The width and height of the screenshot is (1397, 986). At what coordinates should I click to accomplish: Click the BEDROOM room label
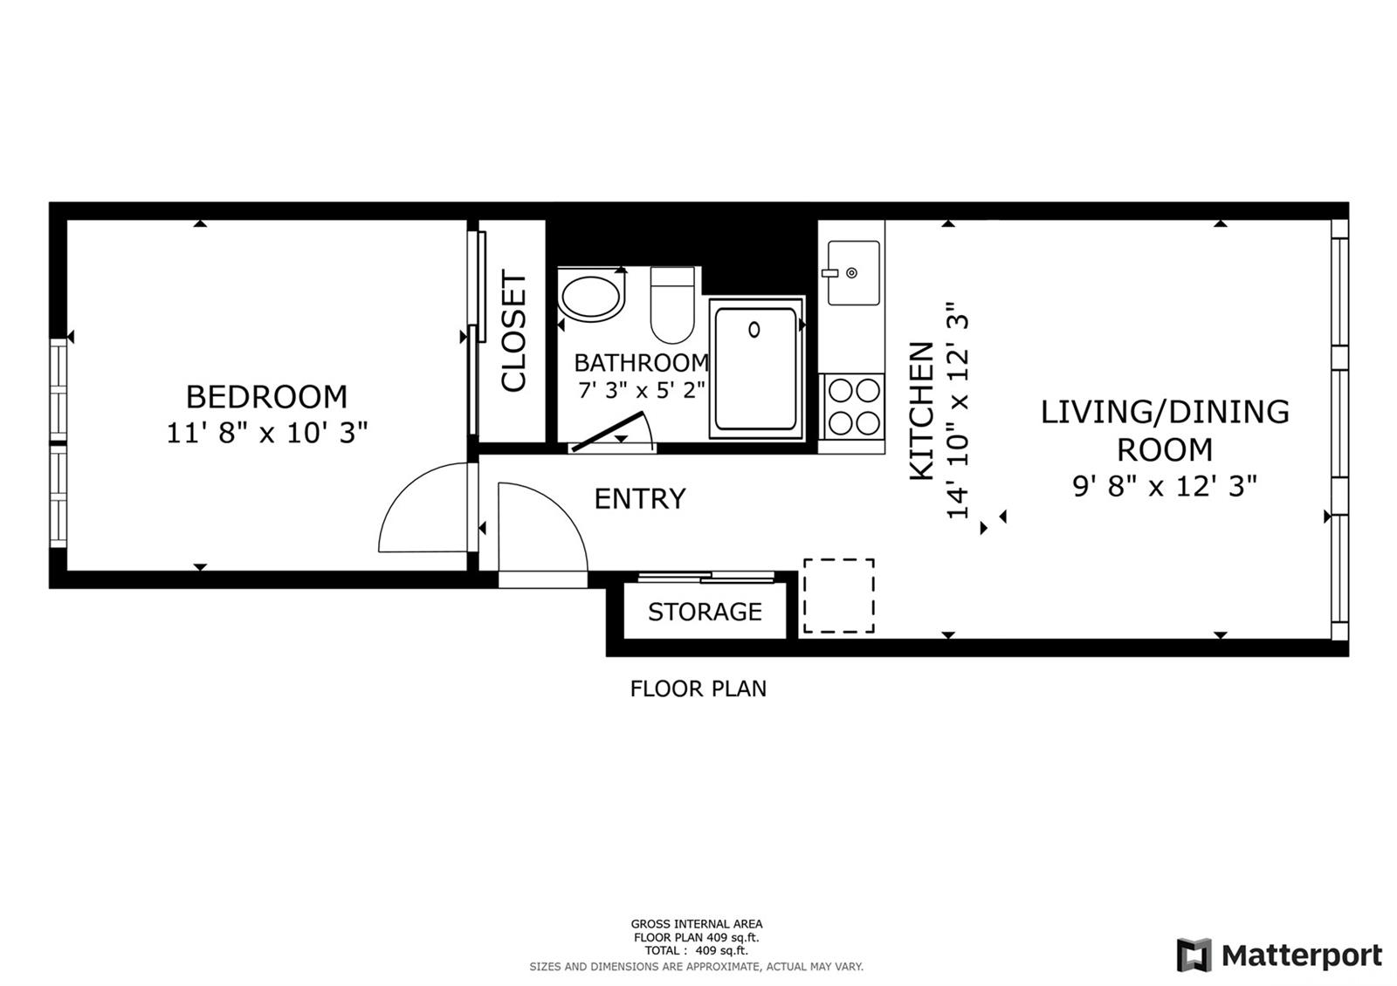pyautogui.click(x=266, y=397)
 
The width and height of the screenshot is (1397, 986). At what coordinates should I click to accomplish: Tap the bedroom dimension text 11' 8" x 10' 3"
pyautogui.click(x=267, y=433)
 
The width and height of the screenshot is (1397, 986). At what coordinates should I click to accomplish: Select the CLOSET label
pyautogui.click(x=514, y=331)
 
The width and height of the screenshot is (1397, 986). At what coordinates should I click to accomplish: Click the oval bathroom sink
pyautogui.click(x=590, y=297)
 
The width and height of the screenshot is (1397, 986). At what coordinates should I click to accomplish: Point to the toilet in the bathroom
pyautogui.click(x=672, y=305)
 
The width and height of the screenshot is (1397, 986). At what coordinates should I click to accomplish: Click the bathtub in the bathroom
pyautogui.click(x=756, y=368)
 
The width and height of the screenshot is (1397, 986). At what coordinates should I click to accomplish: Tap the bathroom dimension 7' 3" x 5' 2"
pyautogui.click(x=642, y=390)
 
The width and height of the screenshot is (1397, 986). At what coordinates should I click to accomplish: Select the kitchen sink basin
pyautogui.click(x=853, y=273)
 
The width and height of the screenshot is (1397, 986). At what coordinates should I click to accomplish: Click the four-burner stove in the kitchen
pyautogui.click(x=852, y=407)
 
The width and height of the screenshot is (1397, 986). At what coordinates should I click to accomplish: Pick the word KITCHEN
pyautogui.click(x=922, y=411)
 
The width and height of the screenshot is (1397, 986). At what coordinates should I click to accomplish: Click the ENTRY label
pyautogui.click(x=640, y=498)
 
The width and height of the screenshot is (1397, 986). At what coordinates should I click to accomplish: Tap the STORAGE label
pyautogui.click(x=705, y=612)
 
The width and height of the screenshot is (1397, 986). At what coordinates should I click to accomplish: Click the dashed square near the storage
pyautogui.click(x=839, y=559)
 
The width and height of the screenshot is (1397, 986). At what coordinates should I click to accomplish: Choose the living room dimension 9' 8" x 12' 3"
pyautogui.click(x=1165, y=486)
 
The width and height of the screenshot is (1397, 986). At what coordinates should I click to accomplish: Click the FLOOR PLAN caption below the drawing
pyautogui.click(x=698, y=688)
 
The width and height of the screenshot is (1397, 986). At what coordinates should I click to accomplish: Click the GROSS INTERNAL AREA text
pyautogui.click(x=697, y=924)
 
